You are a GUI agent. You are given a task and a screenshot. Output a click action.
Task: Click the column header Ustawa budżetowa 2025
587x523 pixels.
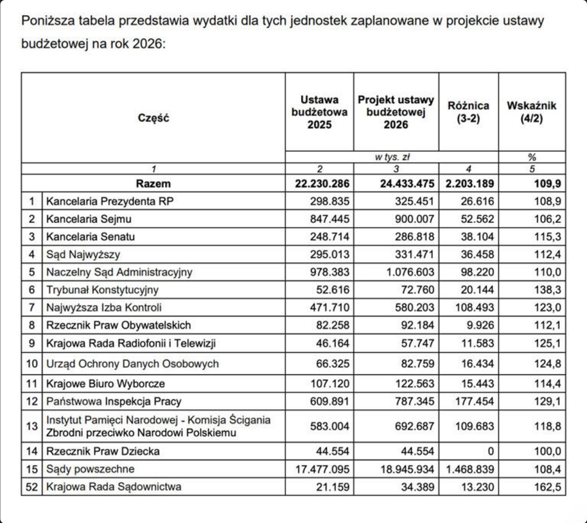point(319,112)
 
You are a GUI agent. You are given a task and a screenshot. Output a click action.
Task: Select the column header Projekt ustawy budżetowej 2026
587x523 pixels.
point(396,112)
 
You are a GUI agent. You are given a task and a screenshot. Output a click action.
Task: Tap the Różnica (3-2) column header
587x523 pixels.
point(469,112)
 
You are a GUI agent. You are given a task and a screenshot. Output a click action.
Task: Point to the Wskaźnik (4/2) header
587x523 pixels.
point(531,112)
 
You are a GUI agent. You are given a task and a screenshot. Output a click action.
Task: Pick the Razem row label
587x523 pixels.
point(153,184)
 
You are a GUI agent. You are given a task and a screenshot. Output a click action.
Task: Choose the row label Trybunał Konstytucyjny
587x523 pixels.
point(103,290)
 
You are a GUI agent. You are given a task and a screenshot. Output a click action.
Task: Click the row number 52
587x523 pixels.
point(31,486)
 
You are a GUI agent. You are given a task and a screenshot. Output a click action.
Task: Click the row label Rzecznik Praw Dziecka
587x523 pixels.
point(103,451)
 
